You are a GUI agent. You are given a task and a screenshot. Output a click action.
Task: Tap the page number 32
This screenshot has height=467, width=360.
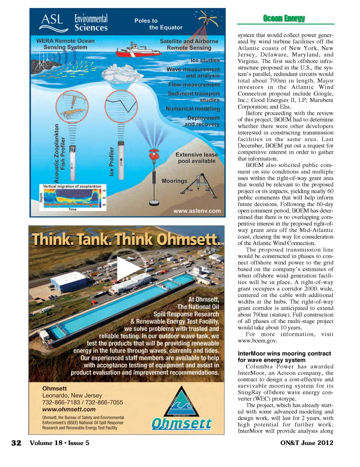pos(16,443)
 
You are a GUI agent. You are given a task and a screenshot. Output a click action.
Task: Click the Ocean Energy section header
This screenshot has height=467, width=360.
pos(284,18)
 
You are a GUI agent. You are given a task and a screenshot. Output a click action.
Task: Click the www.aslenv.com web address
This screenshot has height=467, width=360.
pos(197,211)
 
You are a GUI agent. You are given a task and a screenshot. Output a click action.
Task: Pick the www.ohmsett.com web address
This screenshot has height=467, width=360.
pos(69,409)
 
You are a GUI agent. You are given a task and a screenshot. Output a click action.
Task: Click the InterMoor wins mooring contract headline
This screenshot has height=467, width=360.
pos(284,357)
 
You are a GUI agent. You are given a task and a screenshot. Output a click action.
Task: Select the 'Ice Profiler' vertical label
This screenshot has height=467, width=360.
pos(111,161)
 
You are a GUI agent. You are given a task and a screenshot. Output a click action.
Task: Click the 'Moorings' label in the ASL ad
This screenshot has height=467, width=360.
pos(174,181)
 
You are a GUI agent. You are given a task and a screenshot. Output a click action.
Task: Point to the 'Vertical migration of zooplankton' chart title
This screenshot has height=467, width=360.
pos(72,186)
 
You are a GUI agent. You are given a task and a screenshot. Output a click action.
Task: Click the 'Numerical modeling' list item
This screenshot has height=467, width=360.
pos(193,109)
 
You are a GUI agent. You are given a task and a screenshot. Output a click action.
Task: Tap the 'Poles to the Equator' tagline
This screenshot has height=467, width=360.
pos(158,24)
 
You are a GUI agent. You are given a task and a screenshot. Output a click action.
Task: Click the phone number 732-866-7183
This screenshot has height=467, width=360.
pos(61,402)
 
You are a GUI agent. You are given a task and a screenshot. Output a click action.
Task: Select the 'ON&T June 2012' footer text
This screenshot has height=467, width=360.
pos(306,443)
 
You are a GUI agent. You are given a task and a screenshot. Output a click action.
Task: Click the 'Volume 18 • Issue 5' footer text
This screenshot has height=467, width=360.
pos(60,443)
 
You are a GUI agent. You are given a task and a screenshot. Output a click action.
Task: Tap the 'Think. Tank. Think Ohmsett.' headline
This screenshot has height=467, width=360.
pos(126,239)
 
